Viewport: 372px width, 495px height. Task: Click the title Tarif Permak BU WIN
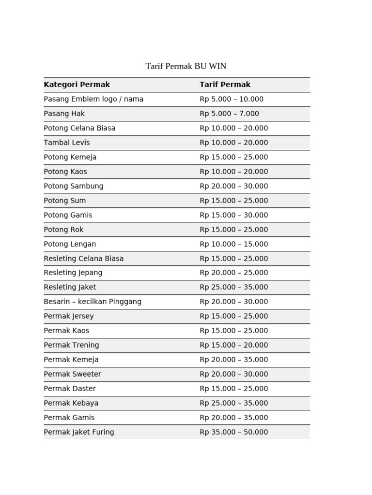click(x=186, y=66)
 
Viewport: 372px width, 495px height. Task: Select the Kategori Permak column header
click(x=77, y=85)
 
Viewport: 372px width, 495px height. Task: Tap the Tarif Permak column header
click(x=225, y=85)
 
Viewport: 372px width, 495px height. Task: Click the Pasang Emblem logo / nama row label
click(x=93, y=99)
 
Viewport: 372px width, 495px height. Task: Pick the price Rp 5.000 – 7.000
click(x=230, y=114)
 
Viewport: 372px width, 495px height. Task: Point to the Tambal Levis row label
click(x=67, y=143)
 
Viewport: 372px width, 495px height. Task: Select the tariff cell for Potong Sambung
click(x=234, y=186)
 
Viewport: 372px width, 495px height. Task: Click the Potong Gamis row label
click(x=68, y=215)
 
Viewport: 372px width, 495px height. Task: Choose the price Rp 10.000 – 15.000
click(x=234, y=244)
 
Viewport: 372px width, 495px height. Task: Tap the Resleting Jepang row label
click(x=73, y=273)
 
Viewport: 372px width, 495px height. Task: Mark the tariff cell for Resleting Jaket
click(x=234, y=287)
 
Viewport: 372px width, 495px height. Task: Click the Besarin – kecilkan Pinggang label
click(x=93, y=302)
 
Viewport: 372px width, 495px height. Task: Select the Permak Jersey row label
click(x=69, y=316)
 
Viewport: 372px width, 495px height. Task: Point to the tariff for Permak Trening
click(x=234, y=345)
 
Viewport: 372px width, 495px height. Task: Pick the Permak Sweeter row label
click(x=73, y=374)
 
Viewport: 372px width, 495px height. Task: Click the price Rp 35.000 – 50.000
click(x=234, y=432)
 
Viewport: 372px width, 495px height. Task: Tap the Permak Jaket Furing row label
click(x=79, y=432)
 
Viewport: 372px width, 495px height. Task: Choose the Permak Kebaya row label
click(x=71, y=403)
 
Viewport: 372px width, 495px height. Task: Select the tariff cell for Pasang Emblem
click(x=232, y=99)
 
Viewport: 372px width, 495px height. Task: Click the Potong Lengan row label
click(x=70, y=244)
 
